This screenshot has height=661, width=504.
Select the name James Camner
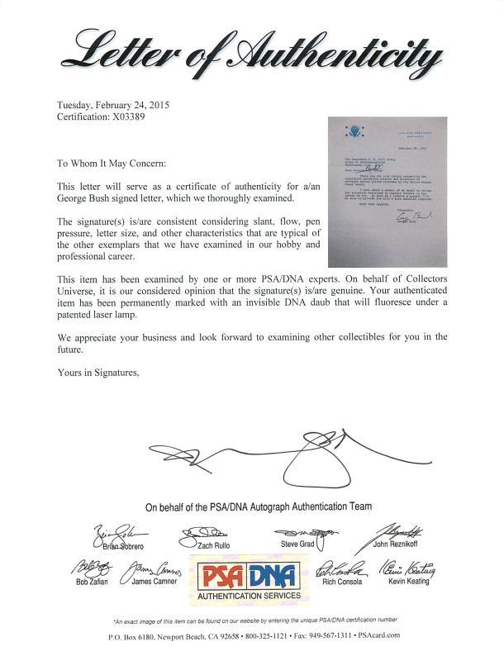click(x=155, y=583)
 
